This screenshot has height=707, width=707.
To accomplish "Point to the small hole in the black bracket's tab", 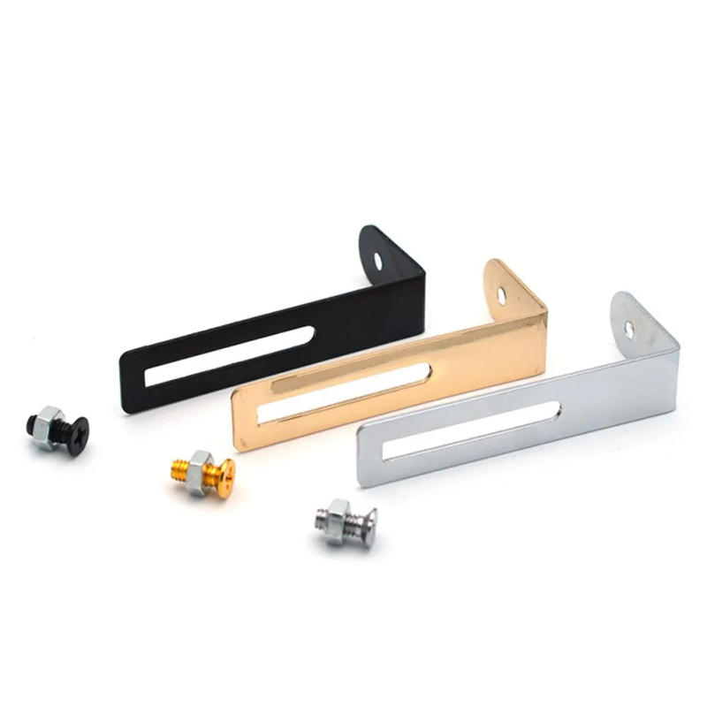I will point(379,262).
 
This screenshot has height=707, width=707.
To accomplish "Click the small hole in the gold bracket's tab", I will point(501,295).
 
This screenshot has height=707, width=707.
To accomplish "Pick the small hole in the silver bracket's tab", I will point(629,329).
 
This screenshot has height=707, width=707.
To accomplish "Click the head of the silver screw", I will point(365,526).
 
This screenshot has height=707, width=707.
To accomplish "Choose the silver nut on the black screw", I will point(49,428).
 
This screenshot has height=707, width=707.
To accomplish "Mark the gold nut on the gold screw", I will point(199,466).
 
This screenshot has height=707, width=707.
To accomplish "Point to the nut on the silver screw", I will point(338,517).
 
